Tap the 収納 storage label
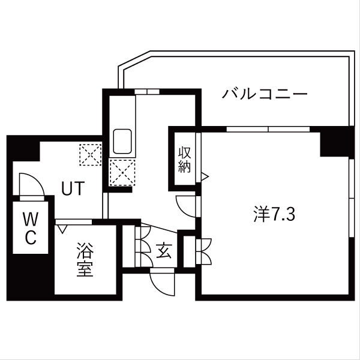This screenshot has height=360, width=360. pos(184,159)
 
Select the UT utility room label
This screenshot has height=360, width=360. pos(72,188)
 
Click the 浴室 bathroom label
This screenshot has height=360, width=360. pos(84,260)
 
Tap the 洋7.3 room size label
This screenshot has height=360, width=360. pos(274,215)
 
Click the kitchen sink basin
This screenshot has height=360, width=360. pos(124,142)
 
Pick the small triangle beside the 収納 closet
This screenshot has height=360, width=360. pos(205,176)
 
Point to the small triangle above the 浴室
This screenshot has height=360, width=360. pos(62,228)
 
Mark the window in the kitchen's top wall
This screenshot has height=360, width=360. pos(146,91)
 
